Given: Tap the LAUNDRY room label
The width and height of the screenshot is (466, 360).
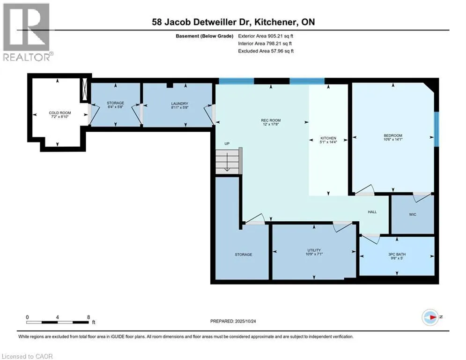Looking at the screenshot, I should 179,104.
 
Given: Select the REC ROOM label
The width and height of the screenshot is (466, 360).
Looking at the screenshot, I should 271,120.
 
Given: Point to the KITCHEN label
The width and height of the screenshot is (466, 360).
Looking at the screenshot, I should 328,138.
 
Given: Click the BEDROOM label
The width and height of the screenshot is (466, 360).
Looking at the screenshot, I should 392,135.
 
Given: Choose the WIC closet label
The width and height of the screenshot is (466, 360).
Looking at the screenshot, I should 412,214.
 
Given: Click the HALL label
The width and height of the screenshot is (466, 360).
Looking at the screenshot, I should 372,212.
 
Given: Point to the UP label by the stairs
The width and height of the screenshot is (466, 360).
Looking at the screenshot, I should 226,144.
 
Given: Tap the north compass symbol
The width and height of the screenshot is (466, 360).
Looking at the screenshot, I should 430,317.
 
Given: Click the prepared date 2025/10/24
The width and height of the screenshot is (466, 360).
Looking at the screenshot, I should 251,321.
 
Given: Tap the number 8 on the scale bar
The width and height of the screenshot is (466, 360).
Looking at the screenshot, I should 89,317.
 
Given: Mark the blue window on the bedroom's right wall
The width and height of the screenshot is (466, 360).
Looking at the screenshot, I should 437,129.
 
